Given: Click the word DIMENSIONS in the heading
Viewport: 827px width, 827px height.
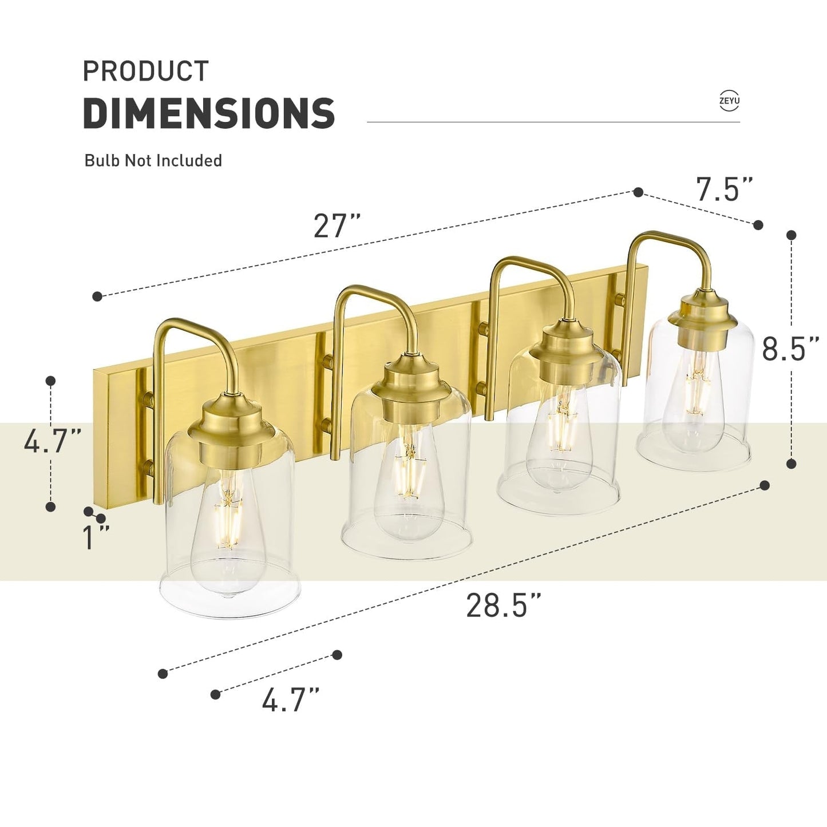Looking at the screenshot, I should pos(209,113).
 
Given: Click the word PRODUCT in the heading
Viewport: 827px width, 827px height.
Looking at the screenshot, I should pos(146,72).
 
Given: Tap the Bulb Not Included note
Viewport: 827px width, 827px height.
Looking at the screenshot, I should pos(153,160).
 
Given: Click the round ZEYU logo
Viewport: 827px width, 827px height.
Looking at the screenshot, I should pos(729,101).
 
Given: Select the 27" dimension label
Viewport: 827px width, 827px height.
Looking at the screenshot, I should pos(337,225).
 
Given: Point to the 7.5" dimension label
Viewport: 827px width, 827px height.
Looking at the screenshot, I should pos(724,189).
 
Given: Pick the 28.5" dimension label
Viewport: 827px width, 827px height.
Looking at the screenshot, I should pos(504,605).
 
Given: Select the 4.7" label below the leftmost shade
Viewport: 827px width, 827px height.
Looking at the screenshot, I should pos(290,699).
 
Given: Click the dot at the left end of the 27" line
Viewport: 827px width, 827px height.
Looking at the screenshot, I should pos(97,296).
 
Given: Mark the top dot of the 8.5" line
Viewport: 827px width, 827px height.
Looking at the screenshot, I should pos(792,235).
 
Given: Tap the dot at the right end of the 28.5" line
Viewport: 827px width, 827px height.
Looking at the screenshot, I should pos(764,485).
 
